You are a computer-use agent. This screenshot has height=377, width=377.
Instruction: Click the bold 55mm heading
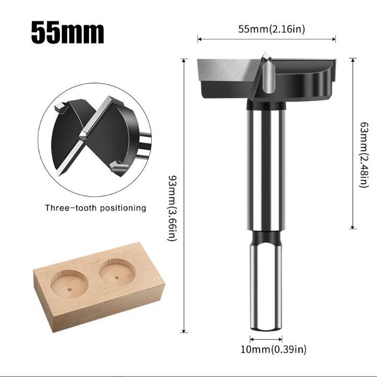click(x=67, y=32)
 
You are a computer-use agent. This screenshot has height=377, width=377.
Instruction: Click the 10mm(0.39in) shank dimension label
click(x=267, y=349)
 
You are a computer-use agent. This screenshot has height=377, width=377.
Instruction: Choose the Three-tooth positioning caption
click(x=96, y=207)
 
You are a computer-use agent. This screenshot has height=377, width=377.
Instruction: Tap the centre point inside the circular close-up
click(x=83, y=135)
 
